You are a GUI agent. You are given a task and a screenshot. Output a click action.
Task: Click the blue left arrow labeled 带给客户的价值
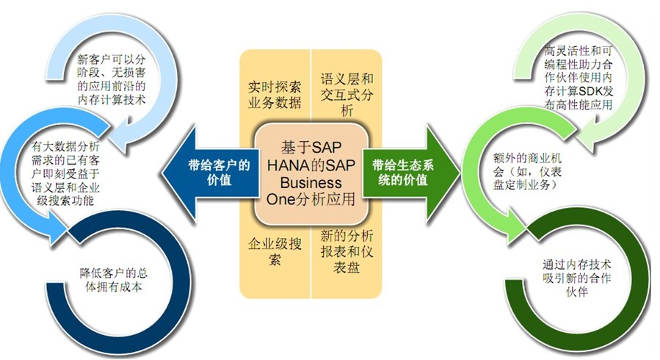[211, 173]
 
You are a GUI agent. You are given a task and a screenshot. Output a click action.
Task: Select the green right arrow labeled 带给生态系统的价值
[410, 173]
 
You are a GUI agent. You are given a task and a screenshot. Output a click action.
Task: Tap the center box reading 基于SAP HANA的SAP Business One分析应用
[311, 173]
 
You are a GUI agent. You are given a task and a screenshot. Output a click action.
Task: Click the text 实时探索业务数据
[275, 95]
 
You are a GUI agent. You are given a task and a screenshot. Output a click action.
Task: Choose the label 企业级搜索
[275, 251]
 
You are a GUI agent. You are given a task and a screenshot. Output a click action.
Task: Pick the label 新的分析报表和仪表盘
[347, 251]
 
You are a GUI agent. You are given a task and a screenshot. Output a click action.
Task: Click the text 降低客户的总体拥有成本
[114, 280]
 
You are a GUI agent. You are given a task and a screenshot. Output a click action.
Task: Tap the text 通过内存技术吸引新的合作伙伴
[576, 278]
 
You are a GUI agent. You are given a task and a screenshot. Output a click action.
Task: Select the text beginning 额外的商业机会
[527, 171]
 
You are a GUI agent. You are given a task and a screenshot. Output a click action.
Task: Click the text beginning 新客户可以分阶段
[111, 79]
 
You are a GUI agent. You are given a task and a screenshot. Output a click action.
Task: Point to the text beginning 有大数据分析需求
[65, 173]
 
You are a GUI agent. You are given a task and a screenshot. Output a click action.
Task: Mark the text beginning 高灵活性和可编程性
[579, 78]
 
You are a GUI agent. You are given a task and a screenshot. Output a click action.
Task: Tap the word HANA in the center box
[284, 165]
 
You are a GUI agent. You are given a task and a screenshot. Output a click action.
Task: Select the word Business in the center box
[311, 182]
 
